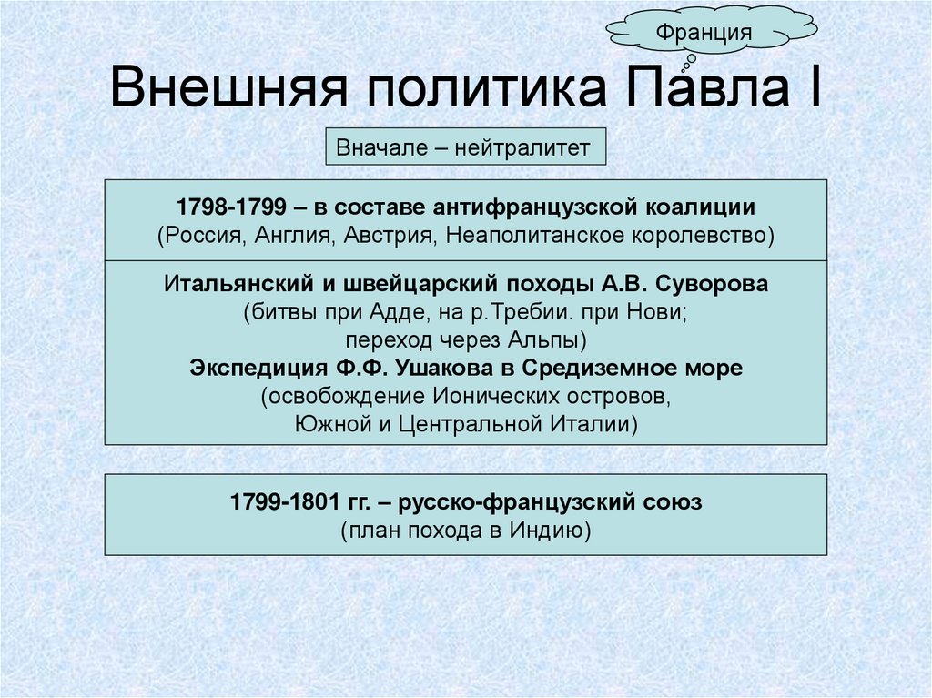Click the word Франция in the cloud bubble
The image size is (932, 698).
pos(698,34)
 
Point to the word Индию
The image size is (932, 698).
pos(545,530)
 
